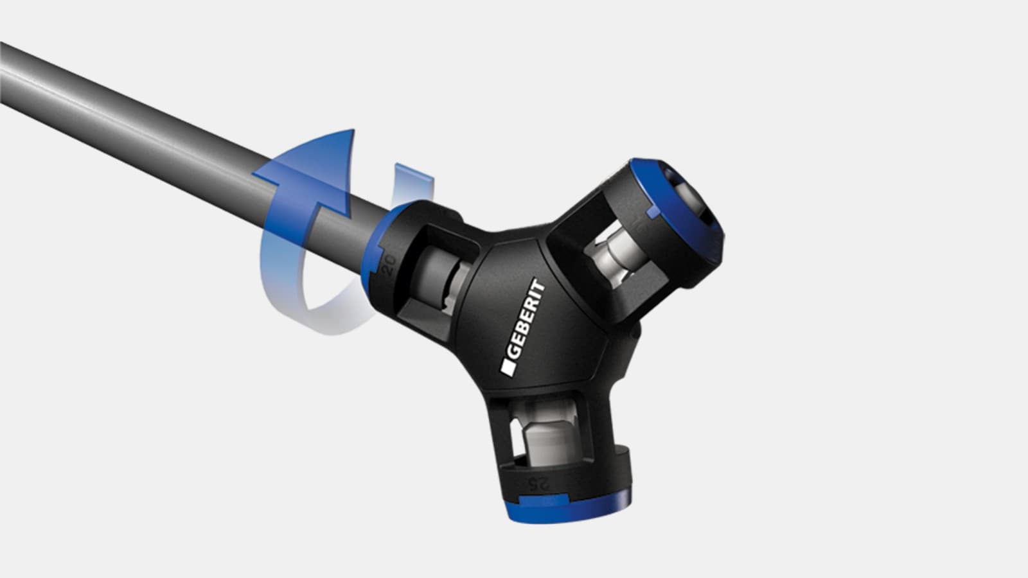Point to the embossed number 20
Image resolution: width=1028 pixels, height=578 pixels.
[x=388, y=265]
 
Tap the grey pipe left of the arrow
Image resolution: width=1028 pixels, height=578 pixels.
[x=128, y=109]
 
